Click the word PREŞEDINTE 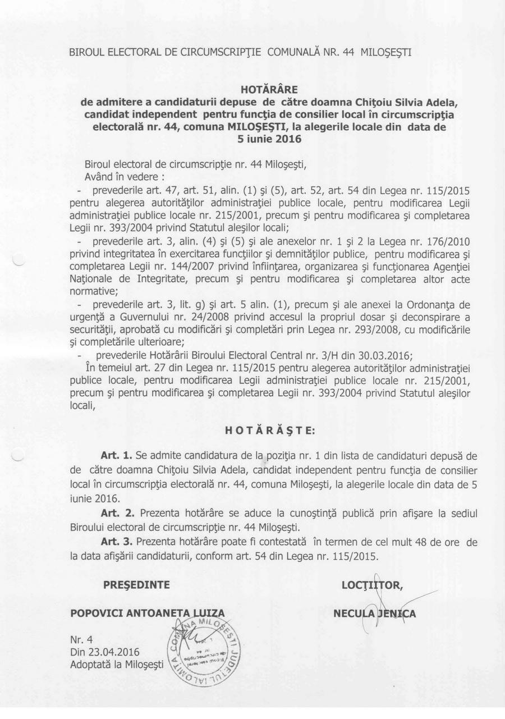click(x=136, y=585)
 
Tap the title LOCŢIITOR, click(x=372, y=586)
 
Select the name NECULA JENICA click(x=375, y=613)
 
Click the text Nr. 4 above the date click(x=81, y=639)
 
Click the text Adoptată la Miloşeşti click(x=117, y=665)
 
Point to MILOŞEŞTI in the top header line click(x=385, y=53)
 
